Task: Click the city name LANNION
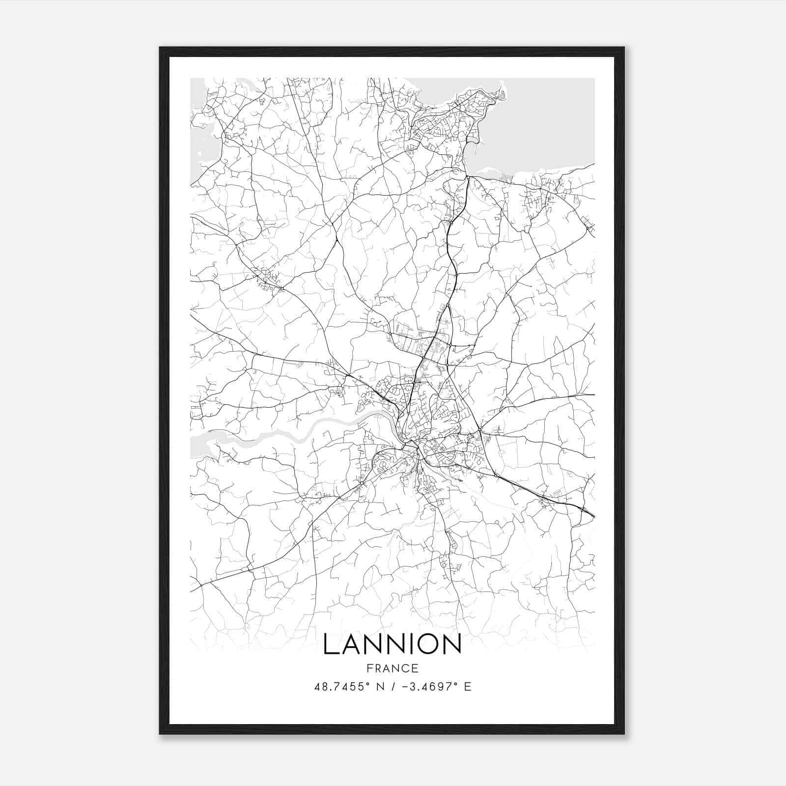point(392,644)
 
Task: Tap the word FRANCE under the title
point(392,668)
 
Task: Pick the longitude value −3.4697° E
point(433,687)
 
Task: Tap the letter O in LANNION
point(425,644)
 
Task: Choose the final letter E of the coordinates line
point(468,687)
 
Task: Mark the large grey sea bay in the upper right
point(540,123)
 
